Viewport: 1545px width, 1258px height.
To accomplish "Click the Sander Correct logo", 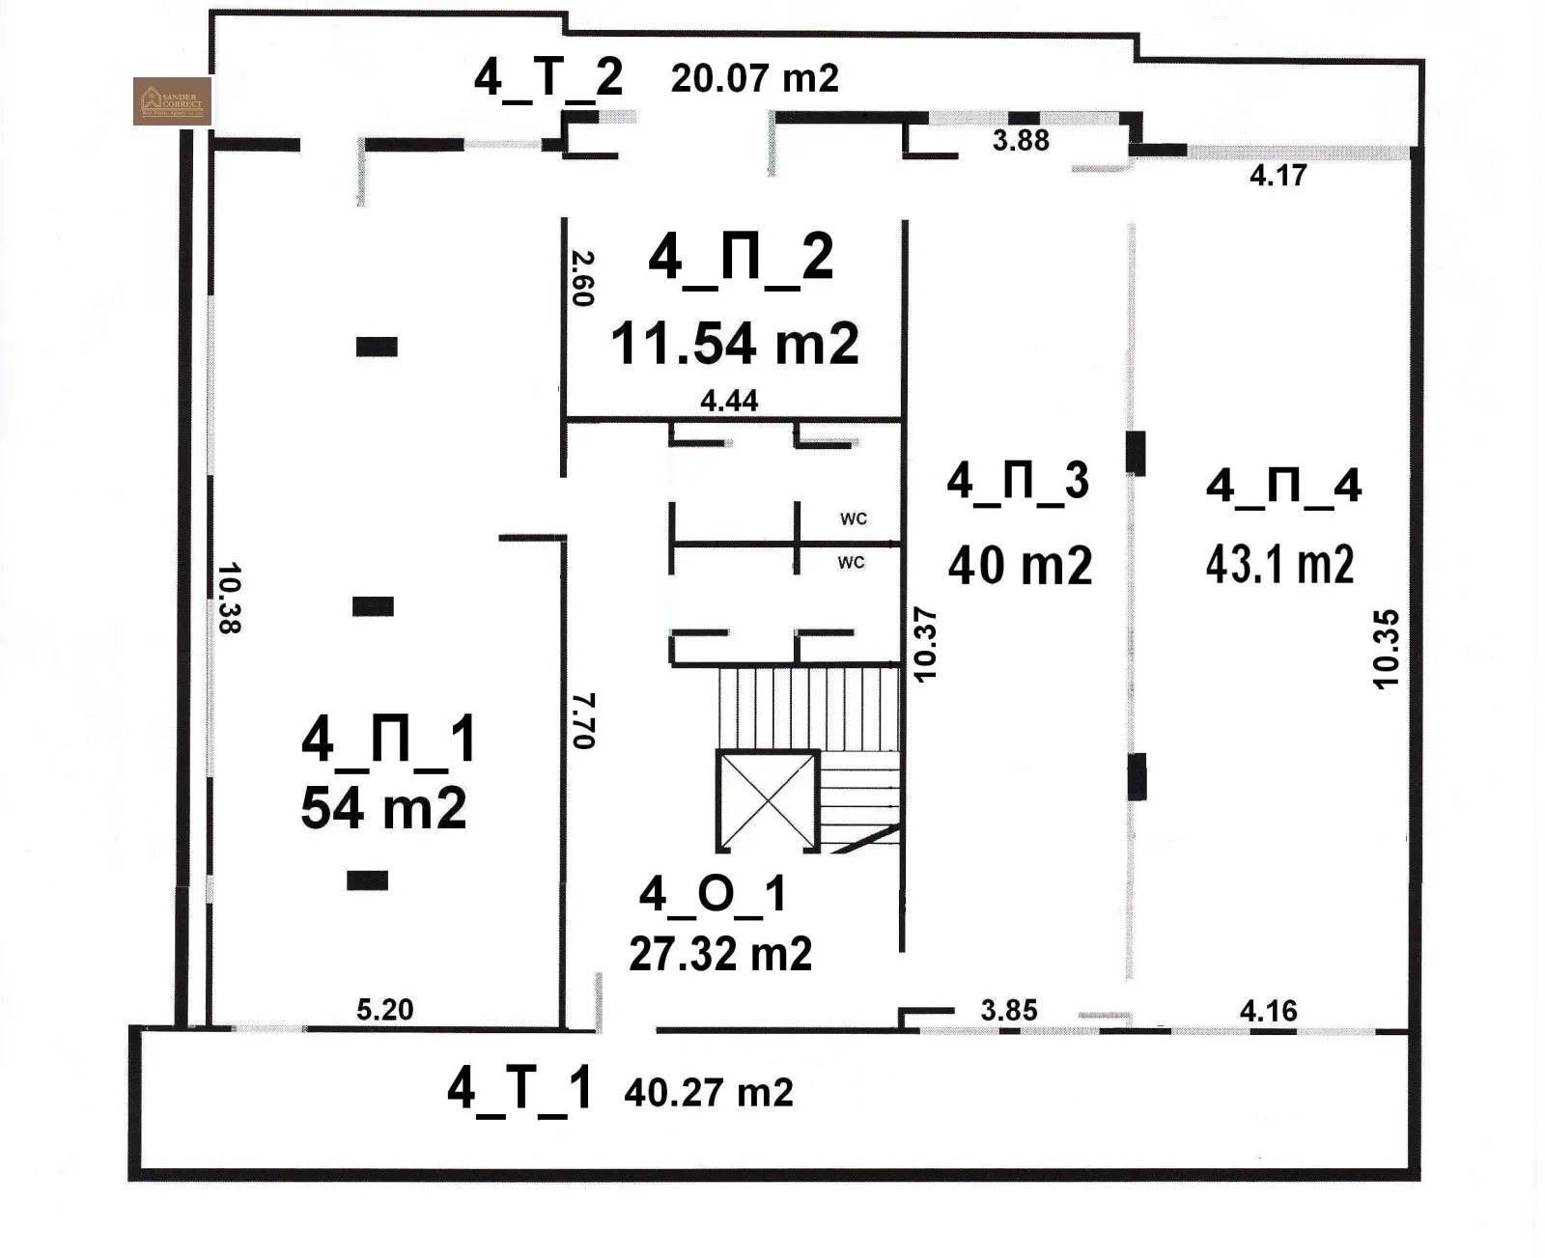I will click(x=172, y=101).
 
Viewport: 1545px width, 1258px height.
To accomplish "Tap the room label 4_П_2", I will click(x=741, y=259).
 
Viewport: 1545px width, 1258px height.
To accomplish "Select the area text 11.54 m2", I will click(x=734, y=344).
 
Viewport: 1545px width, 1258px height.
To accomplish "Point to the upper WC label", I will click(x=853, y=519).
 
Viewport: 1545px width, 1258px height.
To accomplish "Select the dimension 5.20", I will click(x=384, y=1010).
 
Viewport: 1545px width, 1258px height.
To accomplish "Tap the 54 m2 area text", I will click(x=383, y=808).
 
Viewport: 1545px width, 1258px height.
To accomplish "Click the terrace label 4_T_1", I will click(x=519, y=1089).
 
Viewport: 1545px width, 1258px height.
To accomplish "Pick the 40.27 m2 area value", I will click(x=709, y=1093).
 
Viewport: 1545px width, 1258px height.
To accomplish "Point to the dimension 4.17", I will click(x=1278, y=176).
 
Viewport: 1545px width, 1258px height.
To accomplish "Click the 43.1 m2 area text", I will click(x=1279, y=565).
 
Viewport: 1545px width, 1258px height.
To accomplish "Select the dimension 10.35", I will click(x=1386, y=648).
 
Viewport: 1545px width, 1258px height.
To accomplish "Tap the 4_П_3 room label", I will click(x=1018, y=481).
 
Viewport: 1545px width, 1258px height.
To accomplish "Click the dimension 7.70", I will click(x=583, y=720).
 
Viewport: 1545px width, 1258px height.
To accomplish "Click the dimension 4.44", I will click(x=729, y=401).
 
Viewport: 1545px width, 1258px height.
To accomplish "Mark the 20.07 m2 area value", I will click(x=754, y=78).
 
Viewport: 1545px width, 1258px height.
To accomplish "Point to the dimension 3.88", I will click(x=1021, y=141).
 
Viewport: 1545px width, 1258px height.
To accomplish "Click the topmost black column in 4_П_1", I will click(x=377, y=347).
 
